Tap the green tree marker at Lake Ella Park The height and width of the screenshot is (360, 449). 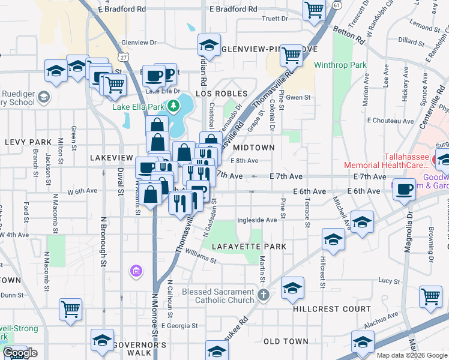click(x=173, y=106)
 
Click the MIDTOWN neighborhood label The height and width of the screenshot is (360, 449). click(x=254, y=147)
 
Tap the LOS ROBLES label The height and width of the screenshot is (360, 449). click(x=221, y=94)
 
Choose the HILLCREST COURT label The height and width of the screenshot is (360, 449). click(x=332, y=309)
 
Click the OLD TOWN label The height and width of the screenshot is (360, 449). click(x=286, y=341)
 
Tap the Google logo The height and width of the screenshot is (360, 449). click(x=20, y=353)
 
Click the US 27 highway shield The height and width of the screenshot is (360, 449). click(x=123, y=56)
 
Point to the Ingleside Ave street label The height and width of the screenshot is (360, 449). click(x=257, y=220)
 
